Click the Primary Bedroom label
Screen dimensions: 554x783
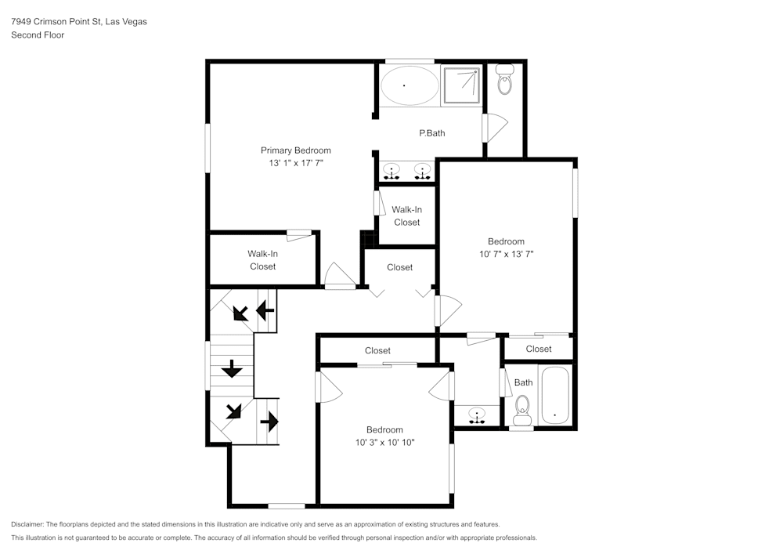[x=295, y=150]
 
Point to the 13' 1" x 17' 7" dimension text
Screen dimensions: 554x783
[x=295, y=163]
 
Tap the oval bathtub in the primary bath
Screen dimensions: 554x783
[x=409, y=85]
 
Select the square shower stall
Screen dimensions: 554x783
[x=460, y=84]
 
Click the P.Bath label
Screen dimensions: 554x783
[x=431, y=133]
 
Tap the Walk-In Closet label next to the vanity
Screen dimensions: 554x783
[x=406, y=215]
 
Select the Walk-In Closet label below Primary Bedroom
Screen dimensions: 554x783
[x=262, y=260]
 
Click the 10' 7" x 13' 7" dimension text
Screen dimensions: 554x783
[x=506, y=254]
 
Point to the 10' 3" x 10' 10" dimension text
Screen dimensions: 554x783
[x=384, y=442]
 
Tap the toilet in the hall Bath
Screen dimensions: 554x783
[x=522, y=410]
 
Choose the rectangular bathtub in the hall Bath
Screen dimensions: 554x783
[x=556, y=396]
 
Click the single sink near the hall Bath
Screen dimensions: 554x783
[x=476, y=414]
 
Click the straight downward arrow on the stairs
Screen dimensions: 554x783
[x=231, y=369]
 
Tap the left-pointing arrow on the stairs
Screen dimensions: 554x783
[x=265, y=311]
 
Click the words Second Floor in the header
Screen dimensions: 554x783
[x=38, y=35]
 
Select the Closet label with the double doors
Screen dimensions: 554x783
[x=399, y=267]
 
